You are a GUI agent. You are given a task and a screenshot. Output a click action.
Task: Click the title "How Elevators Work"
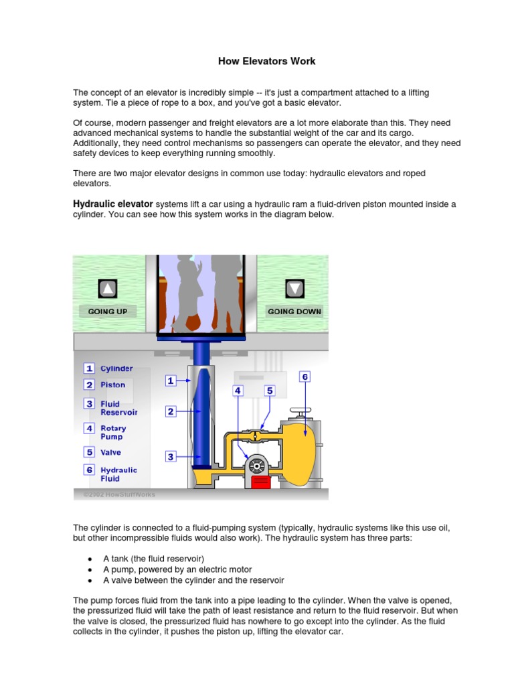pos(266,61)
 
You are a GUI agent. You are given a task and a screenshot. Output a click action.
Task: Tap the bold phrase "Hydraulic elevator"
pos(113,204)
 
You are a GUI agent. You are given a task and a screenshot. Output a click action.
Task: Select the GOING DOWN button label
pos(294,312)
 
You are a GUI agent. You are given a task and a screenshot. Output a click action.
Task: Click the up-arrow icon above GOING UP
pos(108,289)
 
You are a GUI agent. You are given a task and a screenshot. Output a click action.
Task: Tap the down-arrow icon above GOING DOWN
pos(294,289)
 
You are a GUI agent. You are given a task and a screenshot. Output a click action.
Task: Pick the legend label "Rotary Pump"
pos(113,432)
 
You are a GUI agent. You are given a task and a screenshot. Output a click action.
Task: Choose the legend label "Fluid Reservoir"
pos(118,408)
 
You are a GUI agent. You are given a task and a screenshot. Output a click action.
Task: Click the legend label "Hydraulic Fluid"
pos(118,474)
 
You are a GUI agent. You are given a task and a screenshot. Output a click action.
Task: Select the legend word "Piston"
pos(113,385)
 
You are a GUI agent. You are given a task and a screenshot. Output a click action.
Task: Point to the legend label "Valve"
pos(111,452)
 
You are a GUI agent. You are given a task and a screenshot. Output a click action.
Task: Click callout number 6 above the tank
pos(305,377)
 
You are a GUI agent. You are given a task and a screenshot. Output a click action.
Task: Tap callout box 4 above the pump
pos(238,390)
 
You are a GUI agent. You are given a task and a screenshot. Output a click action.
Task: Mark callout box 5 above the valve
pos(270,390)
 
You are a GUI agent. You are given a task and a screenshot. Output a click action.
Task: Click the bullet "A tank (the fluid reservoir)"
pos(153,558)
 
